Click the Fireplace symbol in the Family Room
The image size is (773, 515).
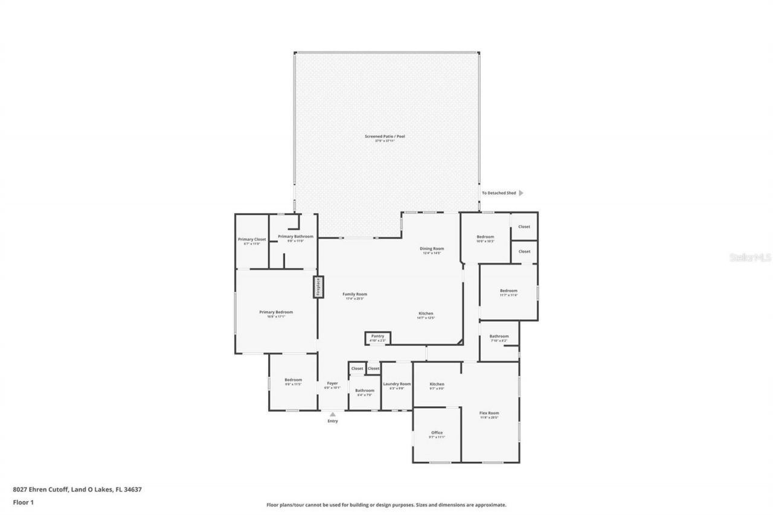318,287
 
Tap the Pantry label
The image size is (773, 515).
377,336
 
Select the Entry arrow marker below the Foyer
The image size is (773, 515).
332,414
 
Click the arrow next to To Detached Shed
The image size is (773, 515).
521,193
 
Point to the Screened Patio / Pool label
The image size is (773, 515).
385,136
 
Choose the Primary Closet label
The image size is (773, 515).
252,239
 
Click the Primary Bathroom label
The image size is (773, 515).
295,236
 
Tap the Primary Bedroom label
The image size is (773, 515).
276,312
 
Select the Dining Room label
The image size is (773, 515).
432,249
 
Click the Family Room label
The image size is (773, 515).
356,294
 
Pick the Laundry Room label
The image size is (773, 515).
397,384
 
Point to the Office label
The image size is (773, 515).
437,432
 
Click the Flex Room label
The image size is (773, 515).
489,413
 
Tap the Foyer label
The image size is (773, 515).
332,383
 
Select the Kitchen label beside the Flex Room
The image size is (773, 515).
437,384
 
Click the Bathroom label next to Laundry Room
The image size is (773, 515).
365,391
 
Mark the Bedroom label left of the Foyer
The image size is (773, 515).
293,380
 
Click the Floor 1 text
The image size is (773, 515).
23,502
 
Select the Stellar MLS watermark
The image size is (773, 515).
751,257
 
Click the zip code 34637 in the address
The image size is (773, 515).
133,490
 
